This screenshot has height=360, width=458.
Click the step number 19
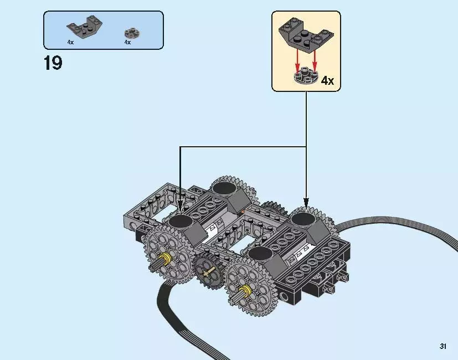53,63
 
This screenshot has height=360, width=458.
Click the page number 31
442,346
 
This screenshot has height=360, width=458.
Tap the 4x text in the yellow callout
327,81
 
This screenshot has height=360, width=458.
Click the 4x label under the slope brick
70,42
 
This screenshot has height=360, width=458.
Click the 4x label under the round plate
127,42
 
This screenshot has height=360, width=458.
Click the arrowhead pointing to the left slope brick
180,208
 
